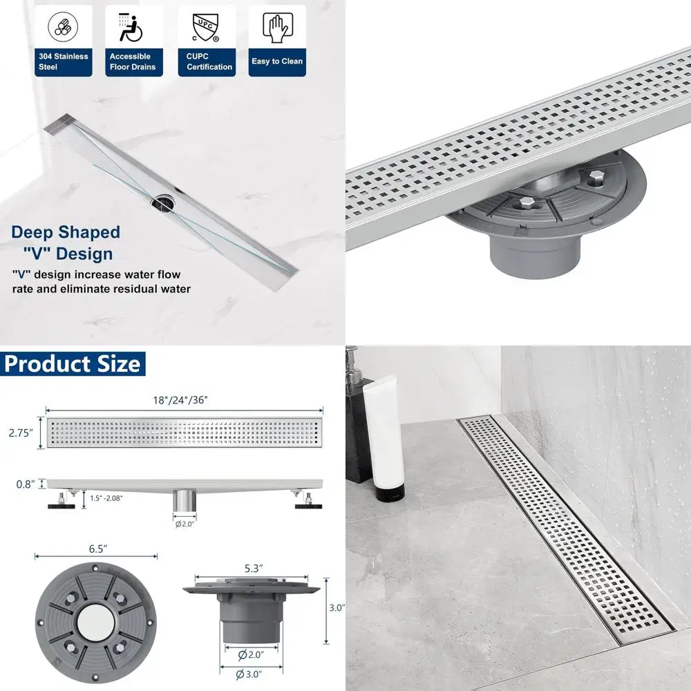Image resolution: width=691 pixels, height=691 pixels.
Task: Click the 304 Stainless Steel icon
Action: [62, 26]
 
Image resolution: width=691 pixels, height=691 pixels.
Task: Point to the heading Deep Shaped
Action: [65, 232]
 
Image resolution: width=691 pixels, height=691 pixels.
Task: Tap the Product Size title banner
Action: [72, 363]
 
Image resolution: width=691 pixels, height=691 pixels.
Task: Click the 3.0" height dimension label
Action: [336, 608]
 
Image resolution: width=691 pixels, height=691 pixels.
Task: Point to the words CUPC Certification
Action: [209, 61]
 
